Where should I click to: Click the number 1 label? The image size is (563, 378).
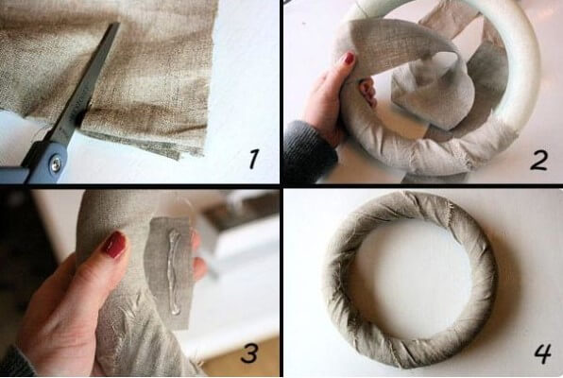(x=254, y=159)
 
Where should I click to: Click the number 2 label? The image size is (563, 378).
(x=539, y=161)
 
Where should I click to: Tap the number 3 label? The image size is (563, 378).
(x=249, y=352)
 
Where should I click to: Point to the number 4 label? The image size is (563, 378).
(x=542, y=353)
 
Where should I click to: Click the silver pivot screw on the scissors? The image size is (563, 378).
(x=56, y=164)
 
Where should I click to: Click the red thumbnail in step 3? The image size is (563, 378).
(x=114, y=245)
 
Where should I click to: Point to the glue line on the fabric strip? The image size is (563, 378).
(x=174, y=272)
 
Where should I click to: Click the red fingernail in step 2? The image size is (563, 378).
(x=350, y=59)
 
